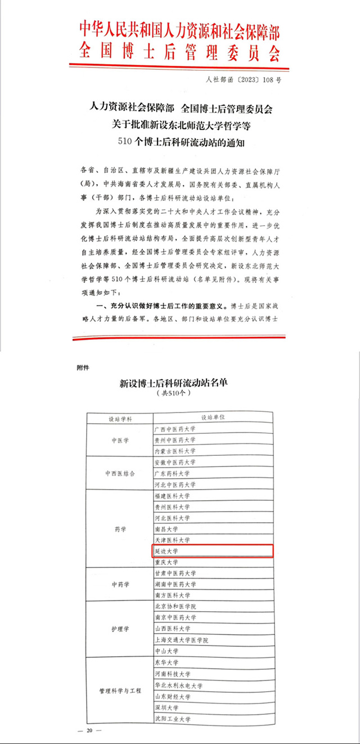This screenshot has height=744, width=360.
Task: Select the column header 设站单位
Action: click(x=213, y=418)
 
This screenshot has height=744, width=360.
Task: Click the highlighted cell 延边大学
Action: click(x=166, y=551)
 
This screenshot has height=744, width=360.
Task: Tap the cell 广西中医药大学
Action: click(x=174, y=429)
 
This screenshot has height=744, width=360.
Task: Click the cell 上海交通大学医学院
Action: click(x=181, y=640)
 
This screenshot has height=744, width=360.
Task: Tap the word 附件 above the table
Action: click(x=83, y=367)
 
